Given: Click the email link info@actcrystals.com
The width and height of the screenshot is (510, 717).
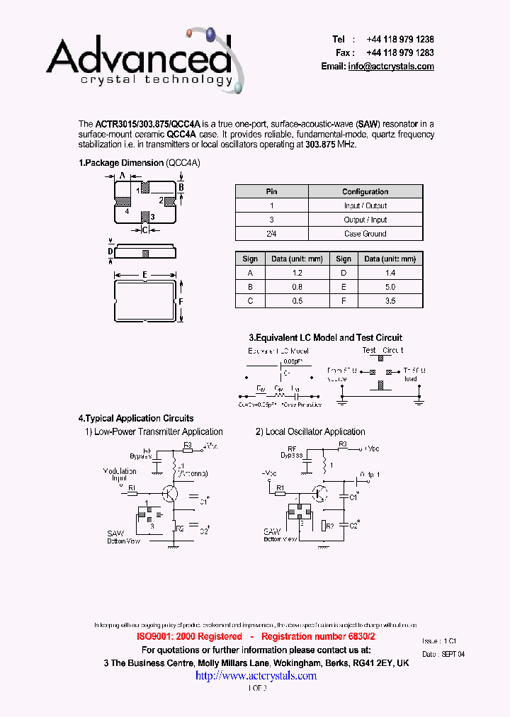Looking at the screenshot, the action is tap(390, 66).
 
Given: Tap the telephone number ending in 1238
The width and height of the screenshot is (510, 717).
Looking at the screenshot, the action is tap(400, 40).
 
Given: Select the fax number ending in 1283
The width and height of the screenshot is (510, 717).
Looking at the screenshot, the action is tap(400, 52).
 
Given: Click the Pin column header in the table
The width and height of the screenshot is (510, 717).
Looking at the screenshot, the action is tap(271, 191).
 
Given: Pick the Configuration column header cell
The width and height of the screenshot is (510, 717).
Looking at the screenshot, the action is tap(365, 191).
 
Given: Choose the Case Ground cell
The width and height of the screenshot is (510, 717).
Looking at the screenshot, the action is tap(365, 234).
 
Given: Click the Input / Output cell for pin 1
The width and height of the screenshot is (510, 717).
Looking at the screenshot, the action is tap(365, 205).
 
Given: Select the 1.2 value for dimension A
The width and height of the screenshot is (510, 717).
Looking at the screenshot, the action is tap(297, 273).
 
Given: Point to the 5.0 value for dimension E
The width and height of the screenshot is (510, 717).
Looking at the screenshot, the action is tap(390, 287).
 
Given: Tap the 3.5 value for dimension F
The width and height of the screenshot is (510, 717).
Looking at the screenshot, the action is tap(390, 301).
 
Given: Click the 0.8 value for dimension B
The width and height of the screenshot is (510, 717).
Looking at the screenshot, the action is tap(297, 287).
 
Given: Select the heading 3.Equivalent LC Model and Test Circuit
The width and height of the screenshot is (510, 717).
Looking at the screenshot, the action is tap(325, 337).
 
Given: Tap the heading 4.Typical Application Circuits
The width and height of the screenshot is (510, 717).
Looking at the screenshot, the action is tap(135, 418).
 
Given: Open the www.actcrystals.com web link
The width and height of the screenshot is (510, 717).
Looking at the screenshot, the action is tap(256, 676).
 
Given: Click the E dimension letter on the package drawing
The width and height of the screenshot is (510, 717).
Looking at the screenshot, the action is tap(144, 274).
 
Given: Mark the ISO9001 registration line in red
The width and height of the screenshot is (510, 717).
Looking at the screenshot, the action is tap(256, 637).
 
